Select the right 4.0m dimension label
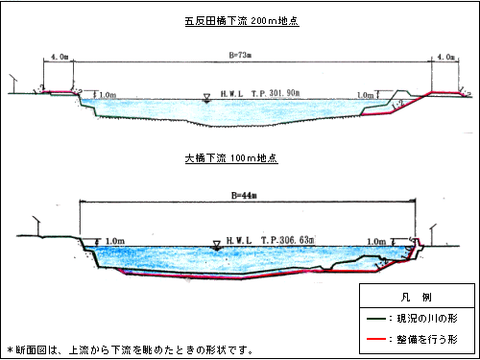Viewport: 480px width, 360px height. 445,57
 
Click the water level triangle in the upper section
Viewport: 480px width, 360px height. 205,96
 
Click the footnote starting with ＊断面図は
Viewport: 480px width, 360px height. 130,349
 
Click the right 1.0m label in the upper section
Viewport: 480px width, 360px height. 364,94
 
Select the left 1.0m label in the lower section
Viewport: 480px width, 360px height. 114,241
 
